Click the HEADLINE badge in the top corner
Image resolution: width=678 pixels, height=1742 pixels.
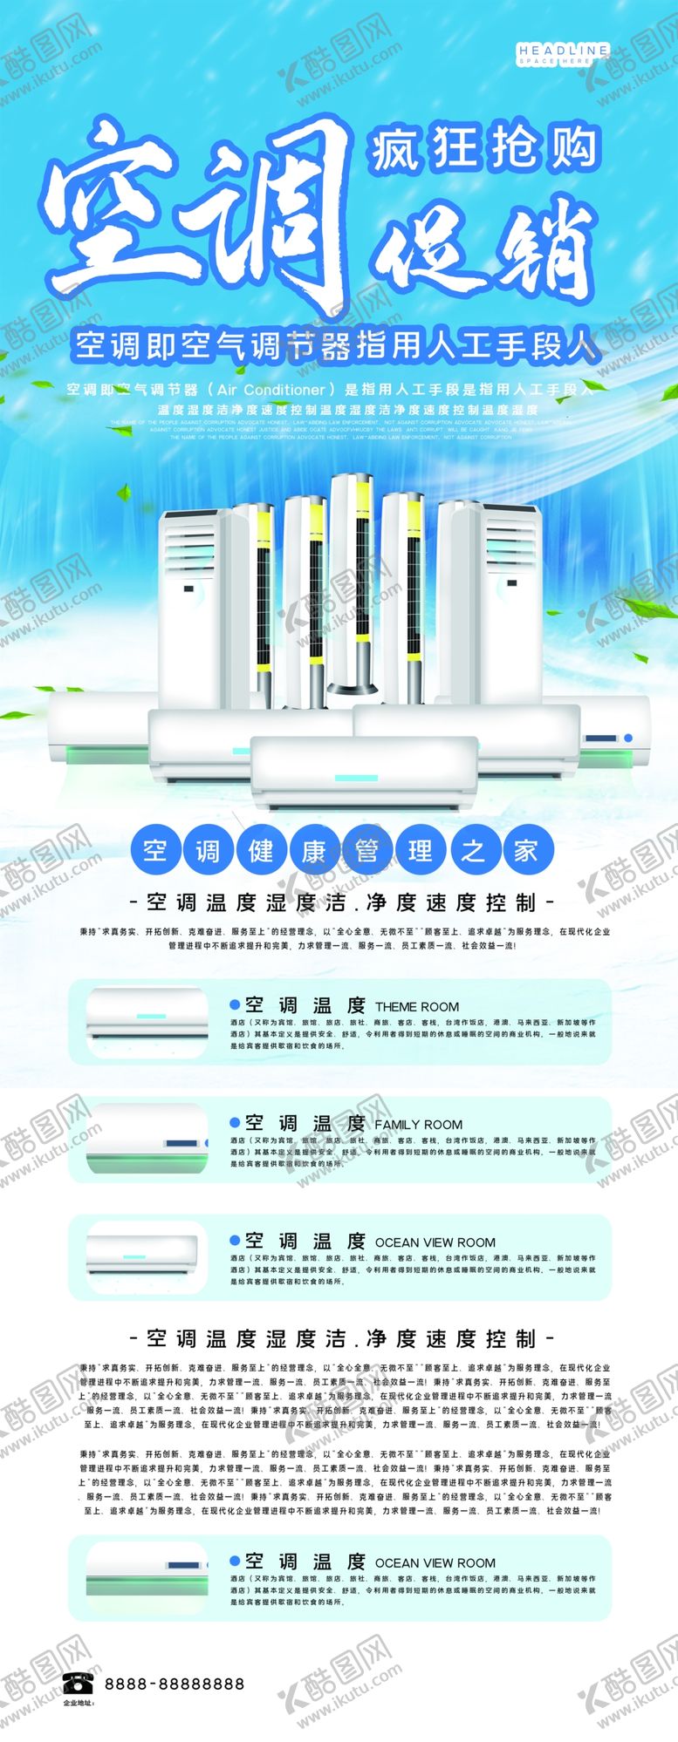click(x=563, y=55)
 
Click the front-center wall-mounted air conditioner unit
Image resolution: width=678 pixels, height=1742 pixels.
click(x=364, y=772)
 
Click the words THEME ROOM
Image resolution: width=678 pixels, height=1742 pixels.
click(x=416, y=1006)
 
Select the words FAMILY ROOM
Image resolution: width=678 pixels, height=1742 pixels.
click(x=418, y=1125)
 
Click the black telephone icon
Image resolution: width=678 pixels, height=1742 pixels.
click(x=79, y=1683)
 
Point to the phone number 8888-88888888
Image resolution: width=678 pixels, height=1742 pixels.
click(x=175, y=1684)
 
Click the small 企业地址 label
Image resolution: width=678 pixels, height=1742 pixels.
click(x=78, y=1702)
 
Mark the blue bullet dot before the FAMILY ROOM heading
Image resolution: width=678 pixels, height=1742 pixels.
click(x=234, y=1123)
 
